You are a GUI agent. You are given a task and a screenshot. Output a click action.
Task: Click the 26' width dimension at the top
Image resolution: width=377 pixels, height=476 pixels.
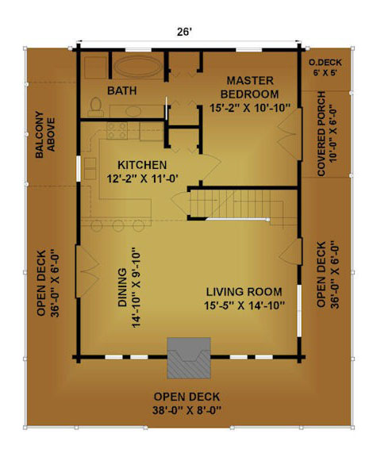(184, 32)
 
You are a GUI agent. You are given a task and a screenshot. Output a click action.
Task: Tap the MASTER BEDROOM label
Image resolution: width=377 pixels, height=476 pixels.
(250, 87)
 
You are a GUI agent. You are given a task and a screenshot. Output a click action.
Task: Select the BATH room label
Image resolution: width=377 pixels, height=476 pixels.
(121, 90)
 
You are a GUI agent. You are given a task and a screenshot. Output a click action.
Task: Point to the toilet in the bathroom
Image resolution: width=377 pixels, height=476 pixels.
(96, 106)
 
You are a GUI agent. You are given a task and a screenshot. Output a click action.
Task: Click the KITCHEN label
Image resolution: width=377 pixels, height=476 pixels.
(142, 165)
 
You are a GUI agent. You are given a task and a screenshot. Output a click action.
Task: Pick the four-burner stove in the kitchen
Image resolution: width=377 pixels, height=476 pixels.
(117, 131)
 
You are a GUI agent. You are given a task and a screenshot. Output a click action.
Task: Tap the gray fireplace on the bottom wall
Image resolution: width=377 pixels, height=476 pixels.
(189, 358)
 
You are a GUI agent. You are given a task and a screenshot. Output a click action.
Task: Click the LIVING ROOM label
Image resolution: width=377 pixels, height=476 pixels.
(244, 292)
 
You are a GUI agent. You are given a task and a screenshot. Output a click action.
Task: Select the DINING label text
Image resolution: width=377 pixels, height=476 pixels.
(122, 287)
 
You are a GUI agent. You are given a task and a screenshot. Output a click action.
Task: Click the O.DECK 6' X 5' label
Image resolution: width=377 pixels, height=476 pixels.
(325, 67)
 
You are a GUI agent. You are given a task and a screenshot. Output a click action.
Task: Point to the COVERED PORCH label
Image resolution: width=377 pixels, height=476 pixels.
(321, 133)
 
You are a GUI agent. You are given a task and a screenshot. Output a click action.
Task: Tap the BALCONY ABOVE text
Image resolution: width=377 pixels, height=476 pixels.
(45, 135)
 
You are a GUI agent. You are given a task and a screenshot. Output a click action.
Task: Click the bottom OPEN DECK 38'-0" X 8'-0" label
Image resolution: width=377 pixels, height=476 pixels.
(187, 403)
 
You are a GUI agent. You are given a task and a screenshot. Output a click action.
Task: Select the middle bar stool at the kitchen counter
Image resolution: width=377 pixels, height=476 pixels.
(118, 225)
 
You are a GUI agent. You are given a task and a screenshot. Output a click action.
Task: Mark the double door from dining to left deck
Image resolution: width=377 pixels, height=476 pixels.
(87, 271)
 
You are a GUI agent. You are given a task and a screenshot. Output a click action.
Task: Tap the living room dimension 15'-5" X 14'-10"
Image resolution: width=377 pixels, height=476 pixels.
(244, 305)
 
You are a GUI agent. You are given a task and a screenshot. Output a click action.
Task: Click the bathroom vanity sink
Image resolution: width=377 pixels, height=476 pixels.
(133, 111)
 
